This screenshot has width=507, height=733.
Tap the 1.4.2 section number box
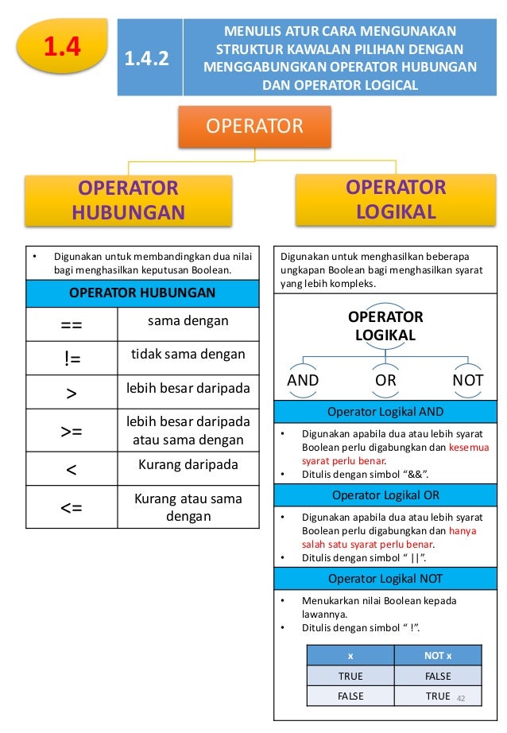click(x=149, y=58)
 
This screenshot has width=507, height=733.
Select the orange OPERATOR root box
click(x=254, y=126)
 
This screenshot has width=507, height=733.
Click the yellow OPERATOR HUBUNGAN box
click(x=128, y=200)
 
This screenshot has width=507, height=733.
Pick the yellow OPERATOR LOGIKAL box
click(x=396, y=199)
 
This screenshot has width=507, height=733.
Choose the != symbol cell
click(x=71, y=359)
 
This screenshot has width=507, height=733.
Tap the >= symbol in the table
click(x=71, y=431)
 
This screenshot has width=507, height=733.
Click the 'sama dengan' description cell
click(x=188, y=321)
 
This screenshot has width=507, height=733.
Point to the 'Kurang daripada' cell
click(x=188, y=463)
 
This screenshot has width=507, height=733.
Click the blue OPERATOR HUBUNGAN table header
click(x=142, y=293)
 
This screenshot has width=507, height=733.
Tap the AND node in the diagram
click(x=303, y=380)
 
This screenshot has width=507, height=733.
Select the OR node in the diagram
click(x=385, y=380)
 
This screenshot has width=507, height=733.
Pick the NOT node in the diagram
click(x=467, y=380)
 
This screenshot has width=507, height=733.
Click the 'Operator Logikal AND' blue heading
click(x=386, y=411)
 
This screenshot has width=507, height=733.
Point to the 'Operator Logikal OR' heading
click(x=386, y=495)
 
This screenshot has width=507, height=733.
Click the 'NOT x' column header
click(x=438, y=655)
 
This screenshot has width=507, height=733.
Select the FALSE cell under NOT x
click(x=438, y=676)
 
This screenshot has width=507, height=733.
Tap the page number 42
click(x=460, y=696)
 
